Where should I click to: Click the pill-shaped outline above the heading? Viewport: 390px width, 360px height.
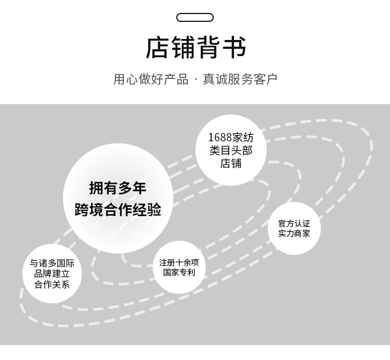[195, 17]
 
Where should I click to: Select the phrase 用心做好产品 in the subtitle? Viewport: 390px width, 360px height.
[151, 79]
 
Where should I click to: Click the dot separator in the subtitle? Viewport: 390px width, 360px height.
[196, 80]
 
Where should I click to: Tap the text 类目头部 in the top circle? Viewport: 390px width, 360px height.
[231, 151]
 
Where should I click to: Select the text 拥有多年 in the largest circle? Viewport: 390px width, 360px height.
[118, 188]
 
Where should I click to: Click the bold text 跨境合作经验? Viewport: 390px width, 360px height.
[118, 210]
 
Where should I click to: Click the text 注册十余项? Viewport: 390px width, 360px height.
[179, 262]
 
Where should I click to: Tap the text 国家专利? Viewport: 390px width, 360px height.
[179, 273]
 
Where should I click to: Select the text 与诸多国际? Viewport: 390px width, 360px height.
[52, 263]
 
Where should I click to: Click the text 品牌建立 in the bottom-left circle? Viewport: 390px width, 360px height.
[52, 274]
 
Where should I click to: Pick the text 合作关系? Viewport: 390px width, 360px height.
[52, 285]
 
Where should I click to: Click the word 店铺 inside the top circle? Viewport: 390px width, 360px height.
[231, 164]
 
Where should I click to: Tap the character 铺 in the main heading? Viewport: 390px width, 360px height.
[183, 48]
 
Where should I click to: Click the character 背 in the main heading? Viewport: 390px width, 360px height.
[208, 48]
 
